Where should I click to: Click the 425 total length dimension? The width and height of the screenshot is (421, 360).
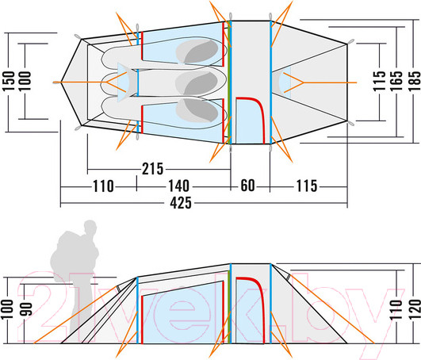pyautogui.click(x=181, y=203)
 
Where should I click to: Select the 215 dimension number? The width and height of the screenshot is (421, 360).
pyautogui.click(x=152, y=169)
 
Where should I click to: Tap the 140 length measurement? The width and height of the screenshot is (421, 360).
pyautogui.click(x=178, y=186)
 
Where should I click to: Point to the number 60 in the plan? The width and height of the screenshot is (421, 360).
pyautogui.click(x=247, y=186)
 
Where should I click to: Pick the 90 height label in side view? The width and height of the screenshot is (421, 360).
pyautogui.click(x=27, y=309)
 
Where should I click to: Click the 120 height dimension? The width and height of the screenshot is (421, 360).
pyautogui.click(x=415, y=309)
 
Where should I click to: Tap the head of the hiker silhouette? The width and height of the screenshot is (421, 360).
pyautogui.click(x=90, y=228)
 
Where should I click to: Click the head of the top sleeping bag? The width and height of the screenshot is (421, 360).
pyautogui.click(x=197, y=52)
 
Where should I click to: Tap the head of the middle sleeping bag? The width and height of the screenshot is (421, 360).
pyautogui.click(x=197, y=82)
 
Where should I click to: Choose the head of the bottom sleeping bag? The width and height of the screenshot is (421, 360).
pyautogui.click(x=197, y=110)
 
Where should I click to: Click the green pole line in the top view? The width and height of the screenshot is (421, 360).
pyautogui.click(x=229, y=82)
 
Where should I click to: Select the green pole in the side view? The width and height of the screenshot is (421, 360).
pyautogui.click(x=229, y=307)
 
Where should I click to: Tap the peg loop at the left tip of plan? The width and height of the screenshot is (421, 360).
pyautogui.click(x=55, y=82)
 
